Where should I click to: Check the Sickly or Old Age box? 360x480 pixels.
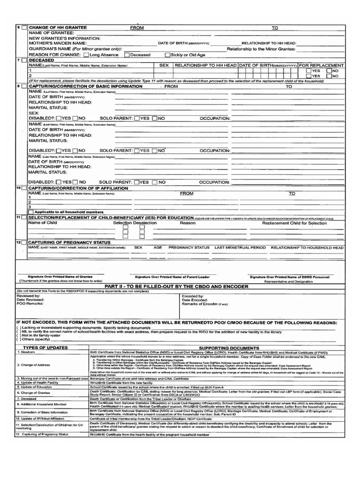161,55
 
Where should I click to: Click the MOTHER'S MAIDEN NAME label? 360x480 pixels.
57,43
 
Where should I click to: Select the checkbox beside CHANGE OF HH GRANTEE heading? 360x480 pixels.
24,28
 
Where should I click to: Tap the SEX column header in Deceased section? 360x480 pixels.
164,66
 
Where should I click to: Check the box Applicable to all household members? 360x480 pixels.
31,212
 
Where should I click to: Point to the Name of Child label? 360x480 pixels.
43,223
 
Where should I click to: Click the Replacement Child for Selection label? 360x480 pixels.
294,223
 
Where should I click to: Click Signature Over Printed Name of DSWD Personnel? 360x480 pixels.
289,277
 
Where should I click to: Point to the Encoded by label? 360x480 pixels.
192,296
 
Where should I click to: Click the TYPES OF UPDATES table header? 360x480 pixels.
49,348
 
